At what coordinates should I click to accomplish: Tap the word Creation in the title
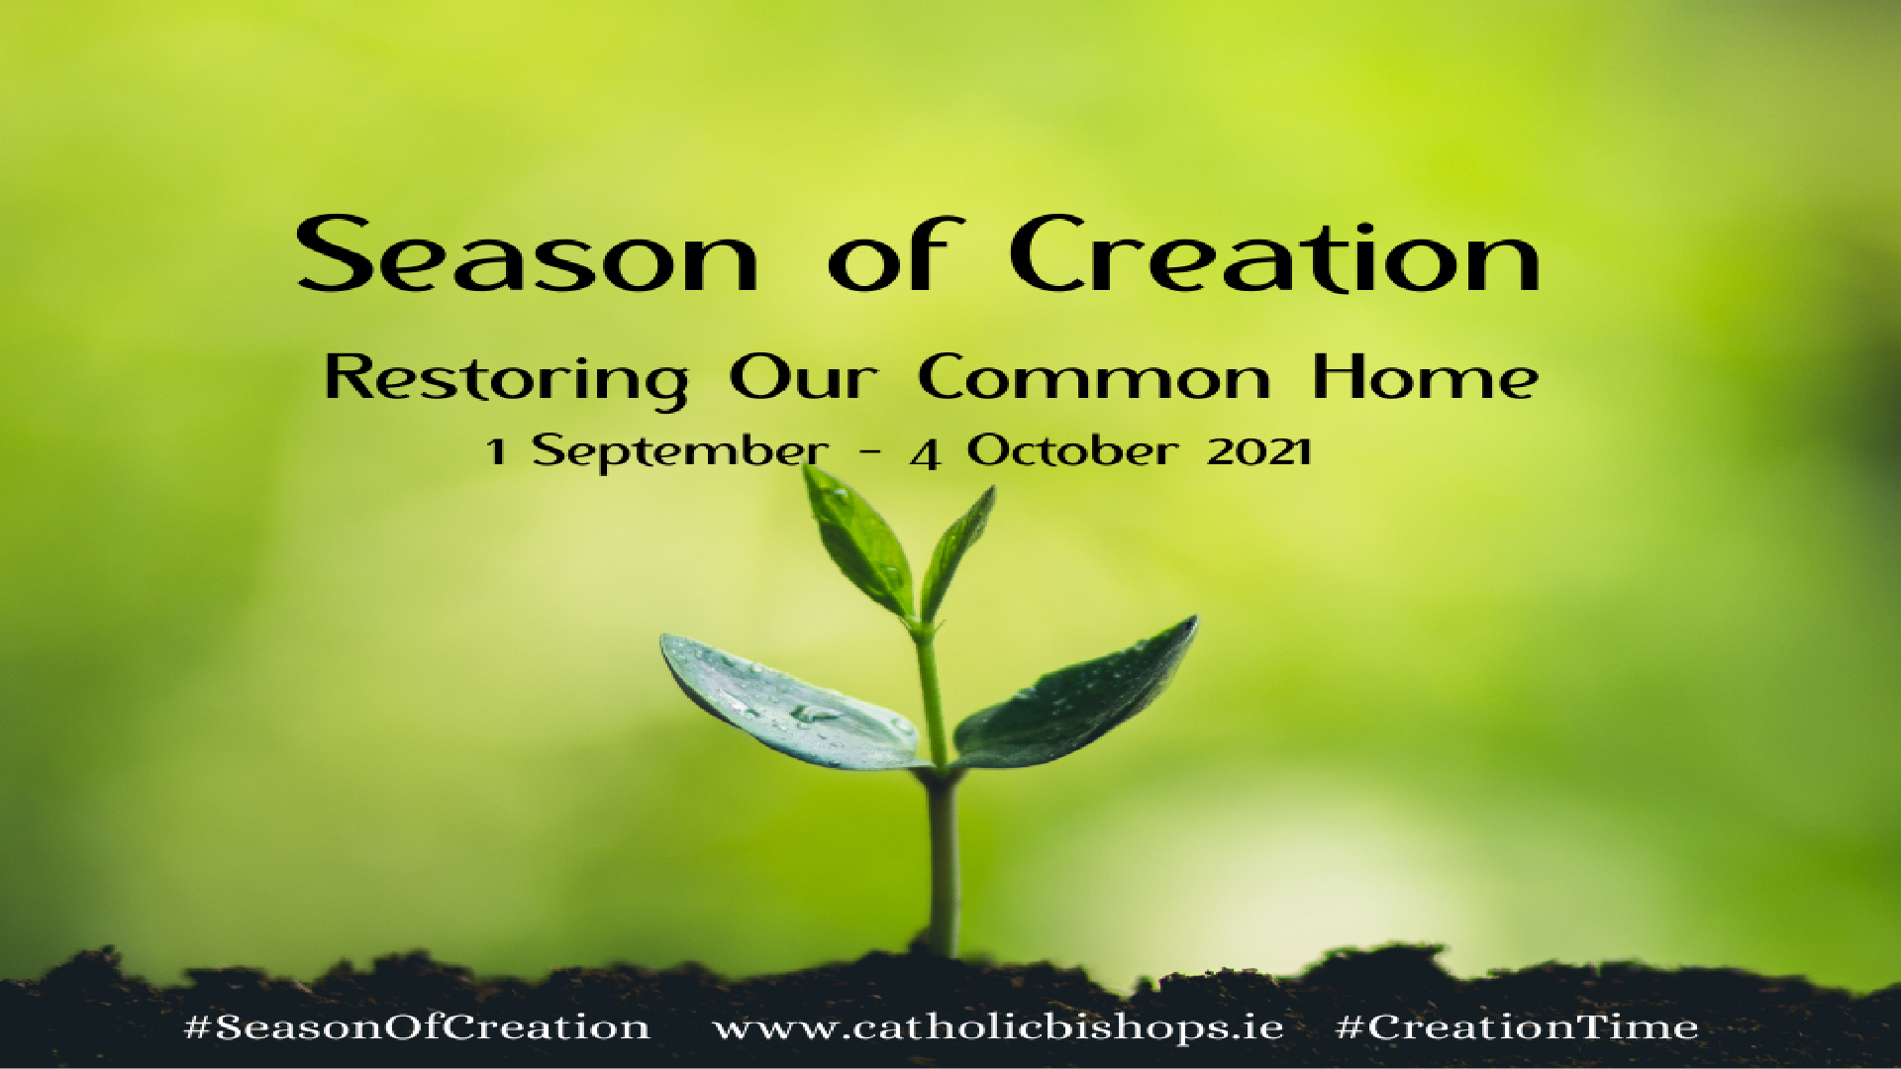tap(1274, 255)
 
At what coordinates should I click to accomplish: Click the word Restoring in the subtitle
tap(506, 380)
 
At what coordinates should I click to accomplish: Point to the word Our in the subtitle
tap(803, 378)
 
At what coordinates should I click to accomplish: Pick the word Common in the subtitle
tap(1093, 378)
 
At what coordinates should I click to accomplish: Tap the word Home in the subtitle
tap(1425, 378)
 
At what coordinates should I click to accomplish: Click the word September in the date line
tap(680, 452)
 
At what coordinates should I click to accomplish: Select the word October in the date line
tap(1072, 451)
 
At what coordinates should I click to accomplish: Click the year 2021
tap(1259, 452)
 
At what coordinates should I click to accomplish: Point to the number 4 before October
tap(925, 454)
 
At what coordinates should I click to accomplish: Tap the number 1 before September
tap(496, 452)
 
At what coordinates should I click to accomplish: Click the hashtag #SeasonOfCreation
tap(417, 1027)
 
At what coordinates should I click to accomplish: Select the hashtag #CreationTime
tap(1517, 1027)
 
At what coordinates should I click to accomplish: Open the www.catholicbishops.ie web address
tap(998, 1027)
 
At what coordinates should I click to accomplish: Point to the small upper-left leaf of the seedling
tap(856, 540)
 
